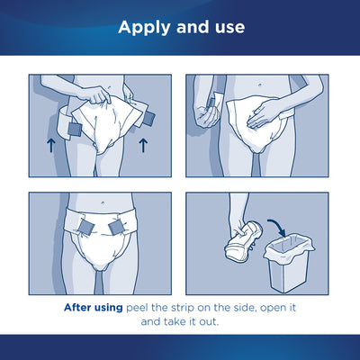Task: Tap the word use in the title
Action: pos(226,27)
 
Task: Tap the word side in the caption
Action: pos(267,306)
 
